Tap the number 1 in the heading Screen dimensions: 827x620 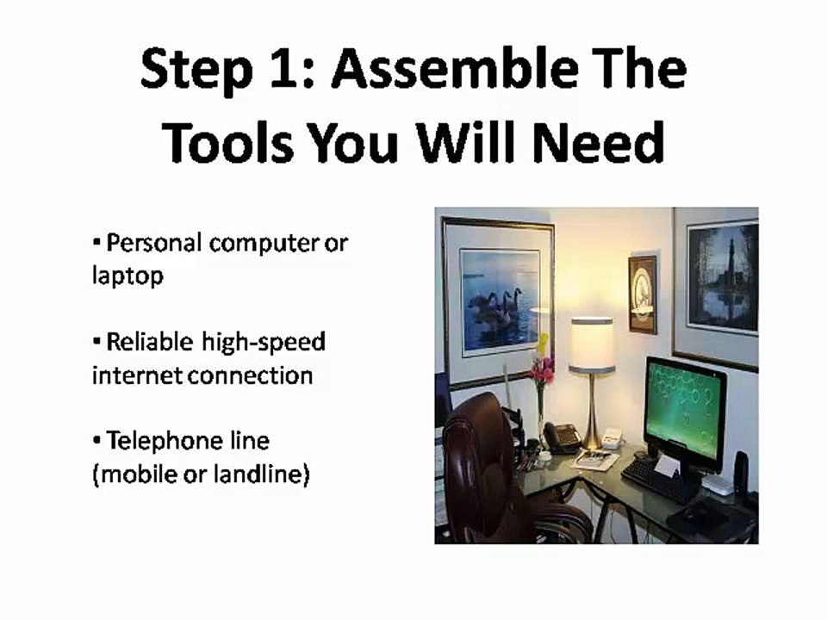(x=285, y=69)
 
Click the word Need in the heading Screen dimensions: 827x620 (x=598, y=142)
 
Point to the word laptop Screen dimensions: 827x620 (x=127, y=276)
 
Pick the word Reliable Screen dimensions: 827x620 (x=150, y=342)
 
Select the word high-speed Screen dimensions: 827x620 (x=264, y=343)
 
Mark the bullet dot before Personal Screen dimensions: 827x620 (x=96, y=243)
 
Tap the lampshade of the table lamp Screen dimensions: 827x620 (x=592, y=345)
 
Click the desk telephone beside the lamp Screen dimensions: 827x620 (x=561, y=437)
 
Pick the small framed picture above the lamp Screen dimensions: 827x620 (x=643, y=294)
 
